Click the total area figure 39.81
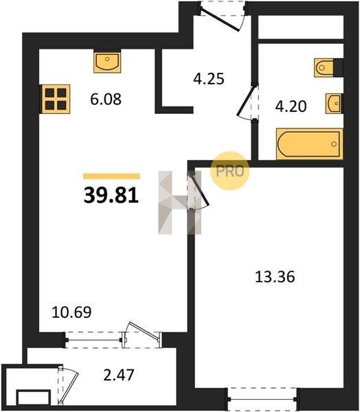pyautogui.click(x=111, y=196)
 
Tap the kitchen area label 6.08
pyautogui.click(x=106, y=100)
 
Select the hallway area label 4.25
pyautogui.click(x=209, y=78)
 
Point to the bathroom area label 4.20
pyautogui.click(x=291, y=106)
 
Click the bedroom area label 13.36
pyautogui.click(x=275, y=277)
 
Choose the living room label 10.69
pyautogui.click(x=71, y=312)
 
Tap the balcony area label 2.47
pyautogui.click(x=119, y=375)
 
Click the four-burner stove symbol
pyautogui.click(x=55, y=99)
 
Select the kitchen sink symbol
pyautogui.click(x=107, y=62)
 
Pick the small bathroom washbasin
pyautogui.click(x=334, y=104)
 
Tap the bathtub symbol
pyautogui.click(x=310, y=144)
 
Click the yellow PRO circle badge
pyautogui.click(x=230, y=171)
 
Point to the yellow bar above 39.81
pyautogui.click(x=111, y=176)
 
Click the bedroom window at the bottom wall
pyautogui.click(x=262, y=399)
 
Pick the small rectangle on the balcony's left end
pyautogui.click(x=33, y=398)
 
